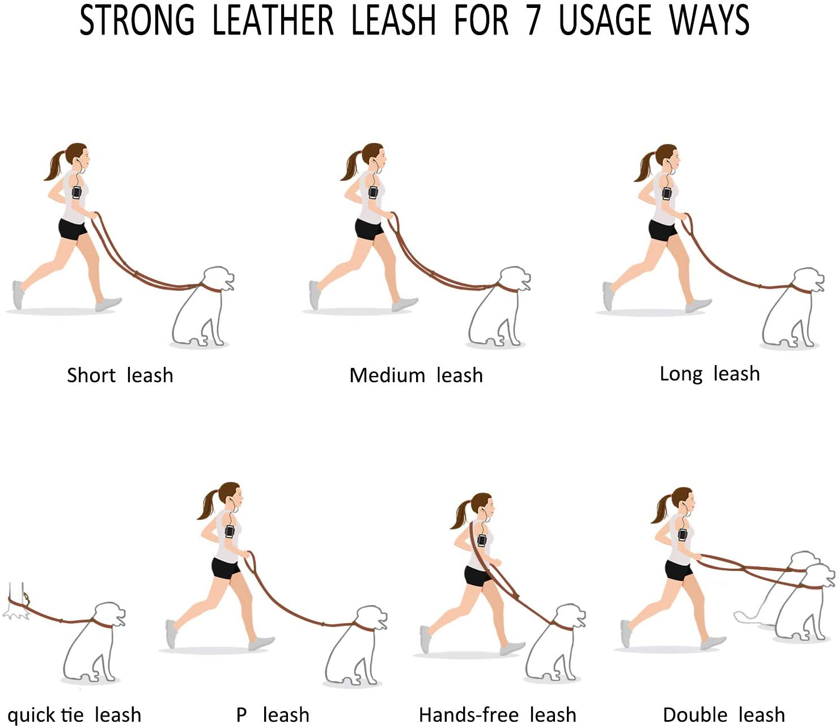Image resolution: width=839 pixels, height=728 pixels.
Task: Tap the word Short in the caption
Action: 91,375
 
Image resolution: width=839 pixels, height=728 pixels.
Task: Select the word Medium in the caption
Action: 387,375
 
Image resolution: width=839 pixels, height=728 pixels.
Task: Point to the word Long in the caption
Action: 680,374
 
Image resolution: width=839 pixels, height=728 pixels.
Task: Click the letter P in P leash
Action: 241,714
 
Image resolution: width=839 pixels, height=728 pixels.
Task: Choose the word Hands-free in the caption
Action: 468,714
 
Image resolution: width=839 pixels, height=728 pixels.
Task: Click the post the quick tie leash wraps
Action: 16,598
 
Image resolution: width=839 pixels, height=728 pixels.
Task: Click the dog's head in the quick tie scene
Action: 109,615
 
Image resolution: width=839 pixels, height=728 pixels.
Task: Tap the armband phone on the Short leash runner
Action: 77,192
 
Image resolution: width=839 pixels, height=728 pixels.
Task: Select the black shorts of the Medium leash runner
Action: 368,229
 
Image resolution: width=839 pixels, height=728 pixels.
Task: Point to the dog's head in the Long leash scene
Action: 808,281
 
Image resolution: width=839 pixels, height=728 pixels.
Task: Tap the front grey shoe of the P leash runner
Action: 261,643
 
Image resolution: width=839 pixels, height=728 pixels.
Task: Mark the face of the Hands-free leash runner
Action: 487,505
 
